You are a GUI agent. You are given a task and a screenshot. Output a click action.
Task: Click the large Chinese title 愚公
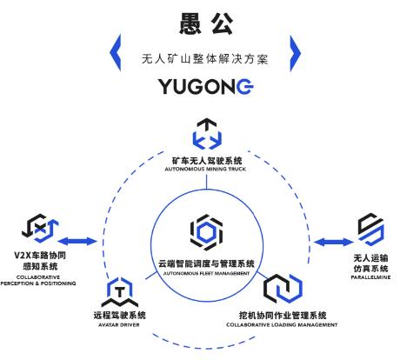coord(206,23)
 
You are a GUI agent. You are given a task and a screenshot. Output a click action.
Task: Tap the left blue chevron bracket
coord(116,53)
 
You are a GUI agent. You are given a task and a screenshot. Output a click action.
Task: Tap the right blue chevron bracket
coord(296,53)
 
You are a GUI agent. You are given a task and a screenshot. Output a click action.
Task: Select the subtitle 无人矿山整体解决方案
coord(205,59)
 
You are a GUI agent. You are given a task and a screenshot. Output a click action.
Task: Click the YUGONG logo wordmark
coord(206,86)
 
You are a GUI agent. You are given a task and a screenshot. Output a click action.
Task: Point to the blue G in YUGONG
coord(245,86)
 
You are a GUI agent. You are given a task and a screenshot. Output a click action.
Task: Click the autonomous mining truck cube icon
coord(207,134)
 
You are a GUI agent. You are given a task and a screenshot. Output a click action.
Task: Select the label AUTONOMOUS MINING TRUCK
coord(205,169)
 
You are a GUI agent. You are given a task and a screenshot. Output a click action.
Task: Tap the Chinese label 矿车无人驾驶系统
coord(207,160)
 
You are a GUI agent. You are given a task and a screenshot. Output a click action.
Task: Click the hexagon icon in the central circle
coord(207,232)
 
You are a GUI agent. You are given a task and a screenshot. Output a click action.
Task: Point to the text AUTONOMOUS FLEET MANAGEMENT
coord(206,273)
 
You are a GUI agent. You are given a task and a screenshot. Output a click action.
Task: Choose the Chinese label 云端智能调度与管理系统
coord(206,263)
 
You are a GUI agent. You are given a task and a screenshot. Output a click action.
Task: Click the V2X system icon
coord(40,229)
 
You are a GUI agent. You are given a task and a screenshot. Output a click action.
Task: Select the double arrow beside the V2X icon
coord(77,241)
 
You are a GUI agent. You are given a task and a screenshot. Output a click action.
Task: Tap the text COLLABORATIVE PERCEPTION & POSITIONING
coord(38,280)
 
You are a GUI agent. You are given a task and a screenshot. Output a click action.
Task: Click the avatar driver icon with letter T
coord(120,291)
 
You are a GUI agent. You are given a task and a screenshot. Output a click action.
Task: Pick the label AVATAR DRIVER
coord(119,325)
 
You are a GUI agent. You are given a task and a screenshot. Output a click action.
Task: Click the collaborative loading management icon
coord(283,289)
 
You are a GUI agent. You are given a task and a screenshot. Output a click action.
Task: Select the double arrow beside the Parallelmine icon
coord(334,242)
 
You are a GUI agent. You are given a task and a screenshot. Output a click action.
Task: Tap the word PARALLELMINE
coord(370,277)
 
